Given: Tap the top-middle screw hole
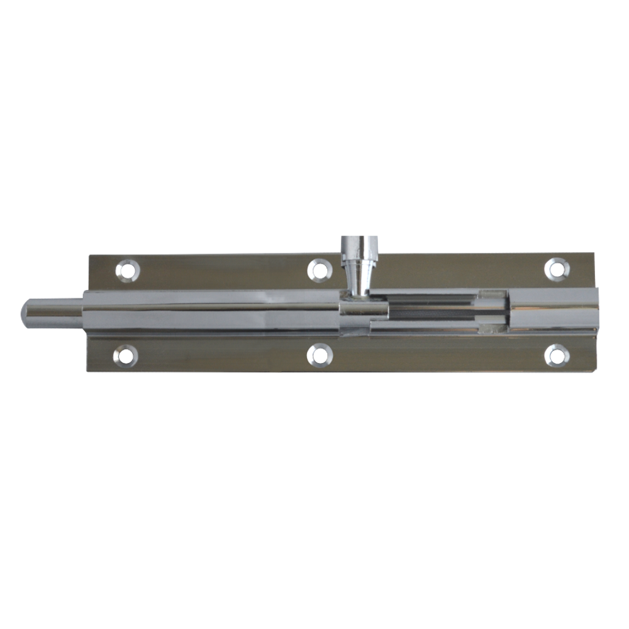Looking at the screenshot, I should tap(320, 269).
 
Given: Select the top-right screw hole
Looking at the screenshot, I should tap(557, 269).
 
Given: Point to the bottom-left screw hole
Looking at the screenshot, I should tap(125, 356).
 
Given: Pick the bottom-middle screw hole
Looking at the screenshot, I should tap(320, 355).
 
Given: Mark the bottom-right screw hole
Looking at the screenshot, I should tap(557, 355).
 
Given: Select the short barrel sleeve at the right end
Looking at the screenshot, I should tap(554, 312).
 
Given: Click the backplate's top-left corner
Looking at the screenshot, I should tap(89, 256).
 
